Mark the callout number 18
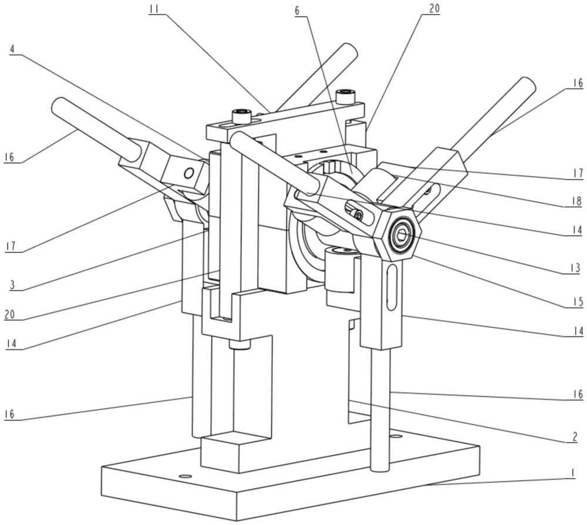pyautogui.click(x=576, y=201)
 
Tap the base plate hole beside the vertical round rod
pyautogui.click(x=397, y=436)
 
